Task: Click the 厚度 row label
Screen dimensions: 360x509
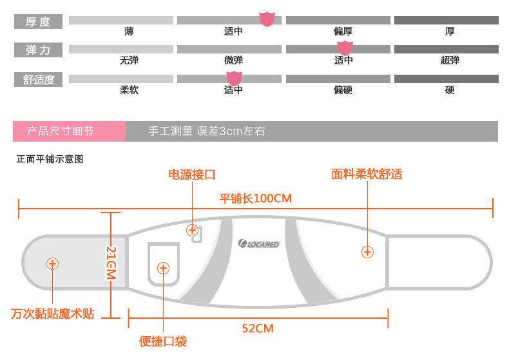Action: (x=38, y=21)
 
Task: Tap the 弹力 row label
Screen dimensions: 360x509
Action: (x=38, y=50)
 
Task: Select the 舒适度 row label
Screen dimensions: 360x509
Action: (x=39, y=80)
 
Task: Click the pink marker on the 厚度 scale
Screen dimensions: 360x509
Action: (x=267, y=19)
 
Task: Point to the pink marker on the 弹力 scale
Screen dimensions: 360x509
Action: (x=345, y=48)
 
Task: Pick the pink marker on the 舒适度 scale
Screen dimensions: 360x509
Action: (x=234, y=78)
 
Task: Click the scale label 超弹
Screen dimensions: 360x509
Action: (x=450, y=61)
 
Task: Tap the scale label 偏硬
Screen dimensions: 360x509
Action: (x=343, y=90)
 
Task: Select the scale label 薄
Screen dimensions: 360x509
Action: (x=130, y=31)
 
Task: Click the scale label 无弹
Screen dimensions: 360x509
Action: (x=129, y=61)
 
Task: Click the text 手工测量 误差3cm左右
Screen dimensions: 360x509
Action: (x=206, y=131)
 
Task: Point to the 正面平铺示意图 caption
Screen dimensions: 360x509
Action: (x=50, y=159)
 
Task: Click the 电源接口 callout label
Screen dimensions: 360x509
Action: (x=191, y=175)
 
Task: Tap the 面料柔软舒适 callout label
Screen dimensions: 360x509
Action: (x=367, y=175)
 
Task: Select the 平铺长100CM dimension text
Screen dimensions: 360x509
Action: (x=256, y=198)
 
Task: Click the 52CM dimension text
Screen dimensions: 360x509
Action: (x=258, y=328)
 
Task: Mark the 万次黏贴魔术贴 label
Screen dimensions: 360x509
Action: (x=53, y=314)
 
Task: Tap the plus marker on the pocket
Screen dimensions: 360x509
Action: (x=163, y=269)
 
